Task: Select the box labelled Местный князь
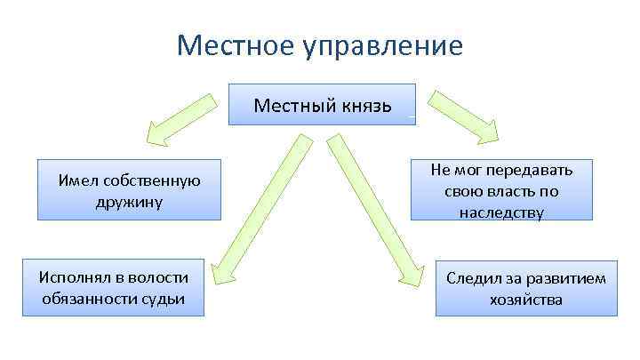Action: click(x=322, y=105)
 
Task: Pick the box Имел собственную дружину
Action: click(x=129, y=190)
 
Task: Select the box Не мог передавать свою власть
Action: click(x=501, y=190)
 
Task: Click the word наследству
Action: click(x=501, y=212)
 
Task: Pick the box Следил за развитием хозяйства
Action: click(x=526, y=289)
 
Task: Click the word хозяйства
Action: click(x=526, y=300)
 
